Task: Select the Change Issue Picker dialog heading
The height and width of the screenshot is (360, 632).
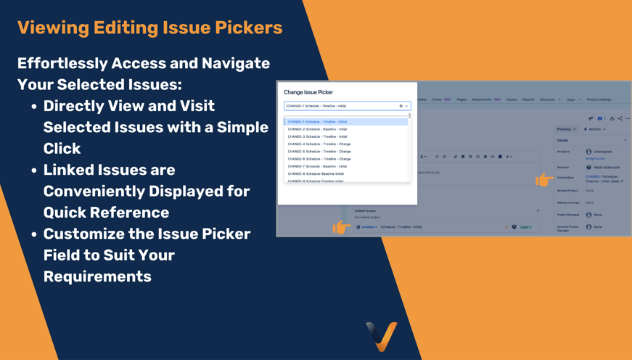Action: coord(308,92)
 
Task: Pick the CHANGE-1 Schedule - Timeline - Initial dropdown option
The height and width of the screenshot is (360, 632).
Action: coord(317,122)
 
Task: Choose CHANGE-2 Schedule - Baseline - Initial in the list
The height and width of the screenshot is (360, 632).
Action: coord(317,129)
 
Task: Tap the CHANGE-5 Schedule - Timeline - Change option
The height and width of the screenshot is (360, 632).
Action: coord(319,152)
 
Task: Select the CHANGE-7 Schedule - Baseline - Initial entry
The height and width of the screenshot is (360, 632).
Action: coord(317,166)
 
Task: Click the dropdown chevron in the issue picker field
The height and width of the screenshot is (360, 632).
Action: coord(406,106)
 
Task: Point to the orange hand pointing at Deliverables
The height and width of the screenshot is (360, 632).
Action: coord(543,179)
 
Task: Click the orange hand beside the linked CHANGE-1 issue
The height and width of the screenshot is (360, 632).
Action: coord(341,227)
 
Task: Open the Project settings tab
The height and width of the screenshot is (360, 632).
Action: coord(599,99)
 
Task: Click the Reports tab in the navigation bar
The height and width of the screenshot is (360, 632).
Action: coord(528,99)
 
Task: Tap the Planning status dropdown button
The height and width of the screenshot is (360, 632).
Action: coord(566,129)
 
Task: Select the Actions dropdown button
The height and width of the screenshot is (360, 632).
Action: coord(594,129)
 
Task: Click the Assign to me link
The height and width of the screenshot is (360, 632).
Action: coord(595,158)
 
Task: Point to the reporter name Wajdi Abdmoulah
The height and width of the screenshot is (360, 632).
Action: coord(607,168)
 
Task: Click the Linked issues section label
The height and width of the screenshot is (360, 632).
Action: coord(365,210)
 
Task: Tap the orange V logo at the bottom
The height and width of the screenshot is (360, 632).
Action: coord(382,335)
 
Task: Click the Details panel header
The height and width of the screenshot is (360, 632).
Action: coord(563,140)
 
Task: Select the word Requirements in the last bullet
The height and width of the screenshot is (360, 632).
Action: coord(97,277)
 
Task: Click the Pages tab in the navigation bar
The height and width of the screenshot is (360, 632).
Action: coord(461,99)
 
